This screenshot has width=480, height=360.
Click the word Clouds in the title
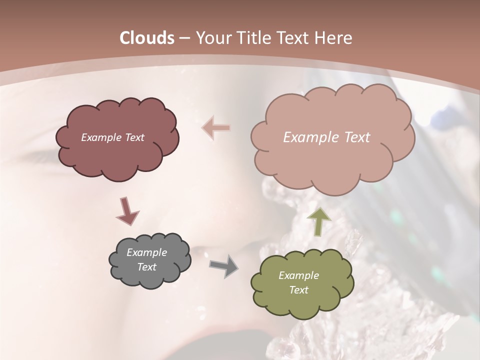(x=147, y=38)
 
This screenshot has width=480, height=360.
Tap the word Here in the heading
(x=333, y=38)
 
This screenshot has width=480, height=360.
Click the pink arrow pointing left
(x=216, y=128)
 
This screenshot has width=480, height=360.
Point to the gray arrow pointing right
(x=223, y=265)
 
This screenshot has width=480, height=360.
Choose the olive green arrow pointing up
(x=318, y=220)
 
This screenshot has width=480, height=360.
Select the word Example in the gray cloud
(x=147, y=252)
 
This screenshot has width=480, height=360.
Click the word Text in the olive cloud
(x=299, y=290)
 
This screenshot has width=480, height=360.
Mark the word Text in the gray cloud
(x=147, y=267)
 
